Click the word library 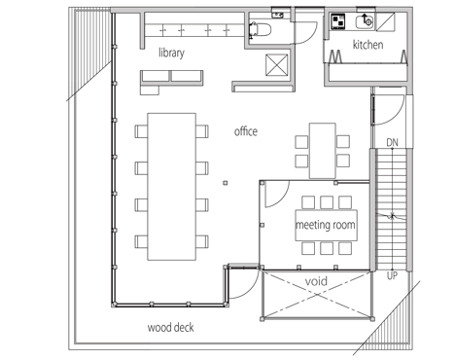pyautogui.click(x=171, y=53)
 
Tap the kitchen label pyautogui.click(x=367, y=45)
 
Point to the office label pyautogui.click(x=246, y=131)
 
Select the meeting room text pyautogui.click(x=326, y=225)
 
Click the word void pyautogui.click(x=316, y=281)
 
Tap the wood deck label pyautogui.click(x=171, y=327)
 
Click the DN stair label pyautogui.click(x=392, y=142)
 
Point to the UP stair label pyautogui.click(x=392, y=276)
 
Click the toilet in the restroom pyautogui.click(x=260, y=30)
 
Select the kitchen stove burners pyautogui.click(x=338, y=21)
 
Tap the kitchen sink pyautogui.click(x=365, y=21)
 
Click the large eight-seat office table pyautogui.click(x=171, y=187)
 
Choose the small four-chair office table pyautogui.click(x=323, y=151)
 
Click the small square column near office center pyautogui.click(x=226, y=183)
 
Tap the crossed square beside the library pyautogui.click(x=277, y=65)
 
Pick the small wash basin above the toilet pyautogui.click(x=278, y=15)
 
